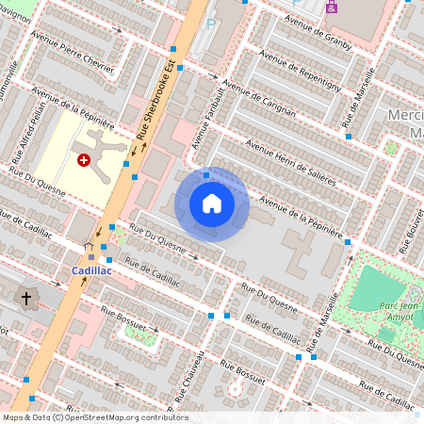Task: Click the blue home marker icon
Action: pyautogui.click(x=212, y=204)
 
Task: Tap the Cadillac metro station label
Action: pyautogui.click(x=92, y=270)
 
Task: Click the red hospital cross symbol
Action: pyautogui.click(x=84, y=161)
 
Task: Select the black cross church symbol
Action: pyautogui.click(x=26, y=299)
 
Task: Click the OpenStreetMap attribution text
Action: pyautogui.click(x=95, y=417)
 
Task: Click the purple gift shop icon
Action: pyautogui.click(x=331, y=7)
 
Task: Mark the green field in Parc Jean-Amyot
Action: pyautogui.click(x=376, y=288)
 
